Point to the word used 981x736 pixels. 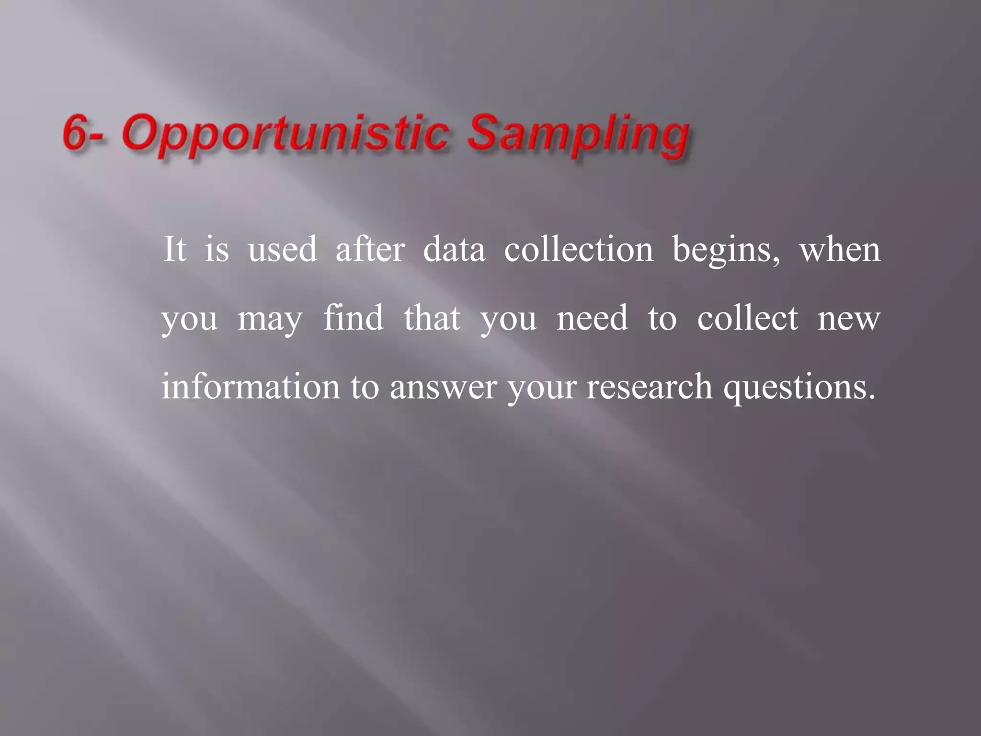[x=283, y=250]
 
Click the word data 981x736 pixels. [x=454, y=250]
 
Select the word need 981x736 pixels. [x=593, y=318]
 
